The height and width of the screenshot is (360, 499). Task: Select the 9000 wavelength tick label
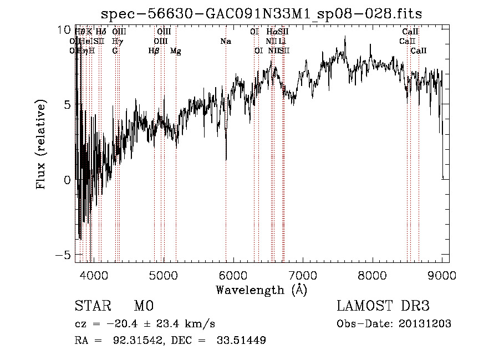pos(442,275)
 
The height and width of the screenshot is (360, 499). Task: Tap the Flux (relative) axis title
pos(41,145)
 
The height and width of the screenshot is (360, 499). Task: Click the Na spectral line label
pos(226,42)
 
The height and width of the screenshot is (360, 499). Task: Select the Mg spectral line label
pos(175,51)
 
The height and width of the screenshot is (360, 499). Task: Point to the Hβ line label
pos(154,51)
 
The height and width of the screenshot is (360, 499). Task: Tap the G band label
pos(115,51)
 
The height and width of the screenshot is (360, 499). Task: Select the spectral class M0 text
pos(143,306)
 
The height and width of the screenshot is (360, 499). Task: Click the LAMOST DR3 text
pos(383,306)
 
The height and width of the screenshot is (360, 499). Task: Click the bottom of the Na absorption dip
pos(226,160)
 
